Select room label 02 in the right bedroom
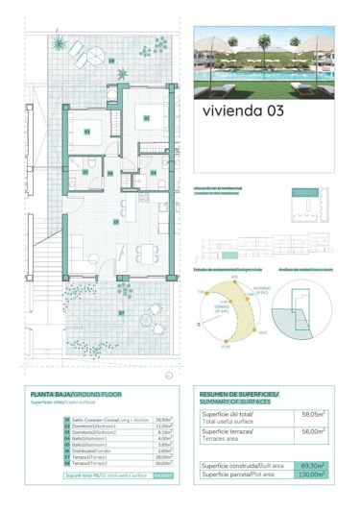coord(147,118)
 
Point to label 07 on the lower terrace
coord(121,312)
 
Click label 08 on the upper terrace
coord(112,62)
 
